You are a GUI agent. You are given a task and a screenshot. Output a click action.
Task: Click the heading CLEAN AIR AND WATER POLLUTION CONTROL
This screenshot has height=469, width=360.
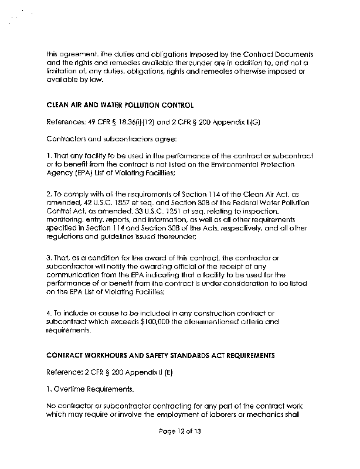click(120, 106)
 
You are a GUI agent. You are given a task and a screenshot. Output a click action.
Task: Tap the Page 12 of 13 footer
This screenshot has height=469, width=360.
click(180, 448)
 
